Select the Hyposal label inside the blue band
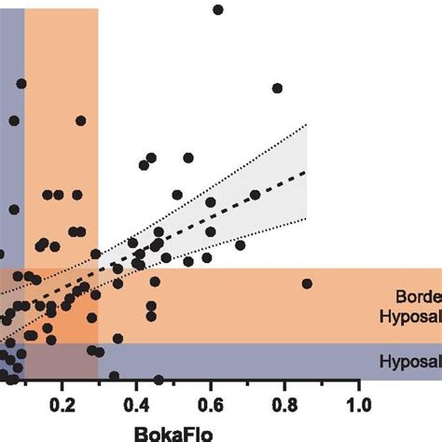click(x=410, y=361)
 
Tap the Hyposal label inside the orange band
click(x=410, y=318)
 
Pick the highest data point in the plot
click(x=218, y=9)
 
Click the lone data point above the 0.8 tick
click(x=277, y=89)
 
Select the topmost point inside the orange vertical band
click(x=81, y=120)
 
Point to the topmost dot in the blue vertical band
click(x=21, y=84)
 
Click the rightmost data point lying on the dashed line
click(x=255, y=195)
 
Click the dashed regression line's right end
click(x=305, y=172)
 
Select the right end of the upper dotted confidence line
click(x=305, y=124)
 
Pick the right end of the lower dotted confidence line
click(x=305, y=219)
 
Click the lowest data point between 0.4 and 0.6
click(x=159, y=380)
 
